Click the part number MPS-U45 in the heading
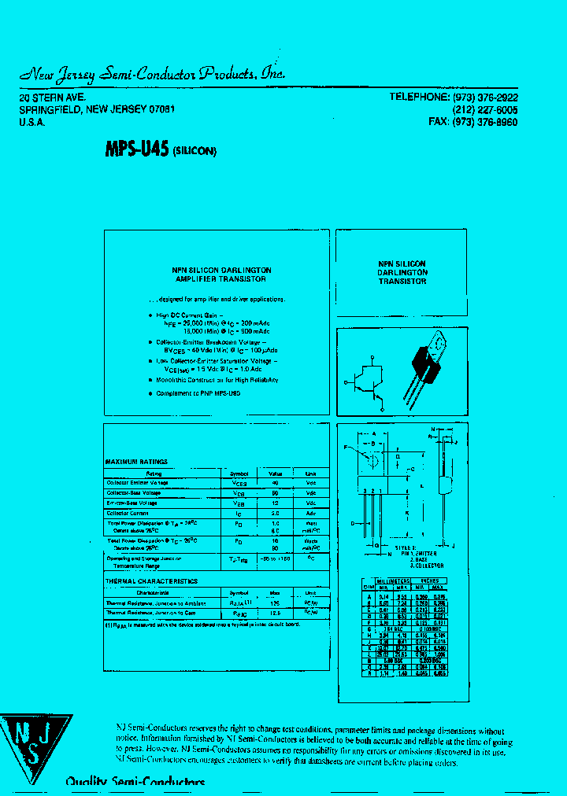136,149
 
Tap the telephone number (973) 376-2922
484,97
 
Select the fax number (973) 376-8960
484,122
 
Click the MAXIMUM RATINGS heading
136,462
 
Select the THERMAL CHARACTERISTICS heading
151,581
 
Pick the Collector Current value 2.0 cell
276,513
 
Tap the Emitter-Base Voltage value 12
276,503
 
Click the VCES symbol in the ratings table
239,483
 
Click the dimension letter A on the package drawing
374,434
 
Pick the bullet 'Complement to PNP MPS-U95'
198,393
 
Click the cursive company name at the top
152,74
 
